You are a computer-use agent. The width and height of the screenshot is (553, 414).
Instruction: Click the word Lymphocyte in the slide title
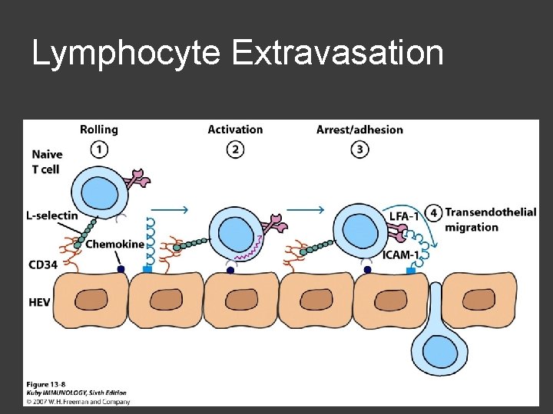pyautogui.click(x=126, y=54)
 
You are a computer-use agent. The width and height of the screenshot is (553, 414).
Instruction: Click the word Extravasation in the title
pyautogui.click(x=336, y=53)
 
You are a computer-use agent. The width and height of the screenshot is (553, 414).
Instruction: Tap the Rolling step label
pyautogui.click(x=99, y=130)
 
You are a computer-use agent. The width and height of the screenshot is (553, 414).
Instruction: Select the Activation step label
pyautogui.click(x=235, y=130)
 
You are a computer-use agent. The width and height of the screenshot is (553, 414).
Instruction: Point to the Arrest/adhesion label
pyautogui.click(x=359, y=130)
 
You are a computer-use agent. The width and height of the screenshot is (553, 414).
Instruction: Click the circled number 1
pyautogui.click(x=99, y=149)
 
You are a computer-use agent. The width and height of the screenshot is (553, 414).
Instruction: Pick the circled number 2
pyautogui.click(x=235, y=149)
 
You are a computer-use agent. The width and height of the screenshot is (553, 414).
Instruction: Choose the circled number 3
pyautogui.click(x=359, y=149)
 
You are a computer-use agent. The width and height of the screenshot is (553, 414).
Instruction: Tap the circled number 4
pyautogui.click(x=435, y=212)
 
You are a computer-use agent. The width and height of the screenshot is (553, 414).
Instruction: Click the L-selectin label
pyautogui.click(x=51, y=215)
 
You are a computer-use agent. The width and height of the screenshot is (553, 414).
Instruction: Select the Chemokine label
pyautogui.click(x=114, y=245)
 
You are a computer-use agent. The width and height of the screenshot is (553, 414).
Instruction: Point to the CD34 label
pyautogui.click(x=41, y=265)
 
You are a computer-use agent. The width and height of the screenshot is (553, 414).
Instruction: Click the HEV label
pyautogui.click(x=39, y=302)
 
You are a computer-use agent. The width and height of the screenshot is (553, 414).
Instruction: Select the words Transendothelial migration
pyautogui.click(x=489, y=219)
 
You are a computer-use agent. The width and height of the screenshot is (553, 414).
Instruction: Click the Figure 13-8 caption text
pyautogui.click(x=48, y=383)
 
